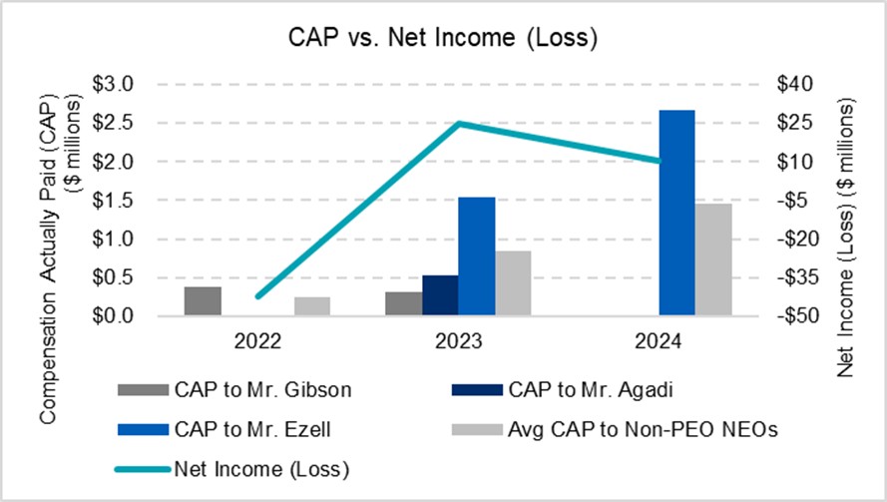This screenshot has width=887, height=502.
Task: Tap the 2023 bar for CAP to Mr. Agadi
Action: pos(439,295)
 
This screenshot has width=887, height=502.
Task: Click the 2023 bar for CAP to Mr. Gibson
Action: pos(403,303)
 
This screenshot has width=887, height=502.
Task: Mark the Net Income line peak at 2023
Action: pos(458,124)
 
